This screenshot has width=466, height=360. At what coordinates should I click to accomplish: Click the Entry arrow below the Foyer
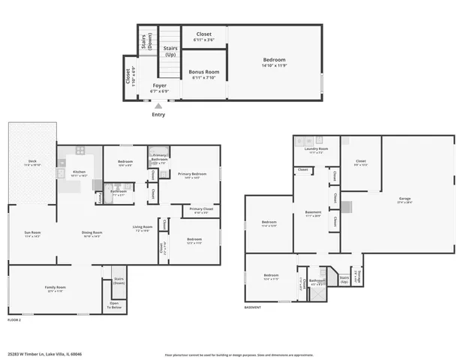click(x=158, y=106)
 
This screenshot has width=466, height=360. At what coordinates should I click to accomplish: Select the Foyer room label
click(x=159, y=85)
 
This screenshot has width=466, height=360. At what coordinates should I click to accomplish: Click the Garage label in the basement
click(x=404, y=199)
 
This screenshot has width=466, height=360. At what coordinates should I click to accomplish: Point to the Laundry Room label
click(x=316, y=148)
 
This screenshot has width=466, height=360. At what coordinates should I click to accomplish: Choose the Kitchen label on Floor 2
click(x=79, y=172)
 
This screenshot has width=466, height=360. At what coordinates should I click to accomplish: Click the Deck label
click(x=32, y=161)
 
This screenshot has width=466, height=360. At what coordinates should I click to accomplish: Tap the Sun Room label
click(x=32, y=232)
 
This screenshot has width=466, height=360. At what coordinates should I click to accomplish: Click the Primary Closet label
click(x=201, y=209)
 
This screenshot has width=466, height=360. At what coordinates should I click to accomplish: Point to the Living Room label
click(x=143, y=226)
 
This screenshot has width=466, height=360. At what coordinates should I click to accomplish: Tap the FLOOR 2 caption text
click(x=14, y=320)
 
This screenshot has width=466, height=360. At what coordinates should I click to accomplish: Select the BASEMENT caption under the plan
click(x=253, y=307)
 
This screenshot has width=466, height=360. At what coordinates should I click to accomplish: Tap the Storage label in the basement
click(x=358, y=280)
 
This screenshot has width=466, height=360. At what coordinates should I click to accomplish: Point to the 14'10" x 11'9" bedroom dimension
click(x=274, y=65)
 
